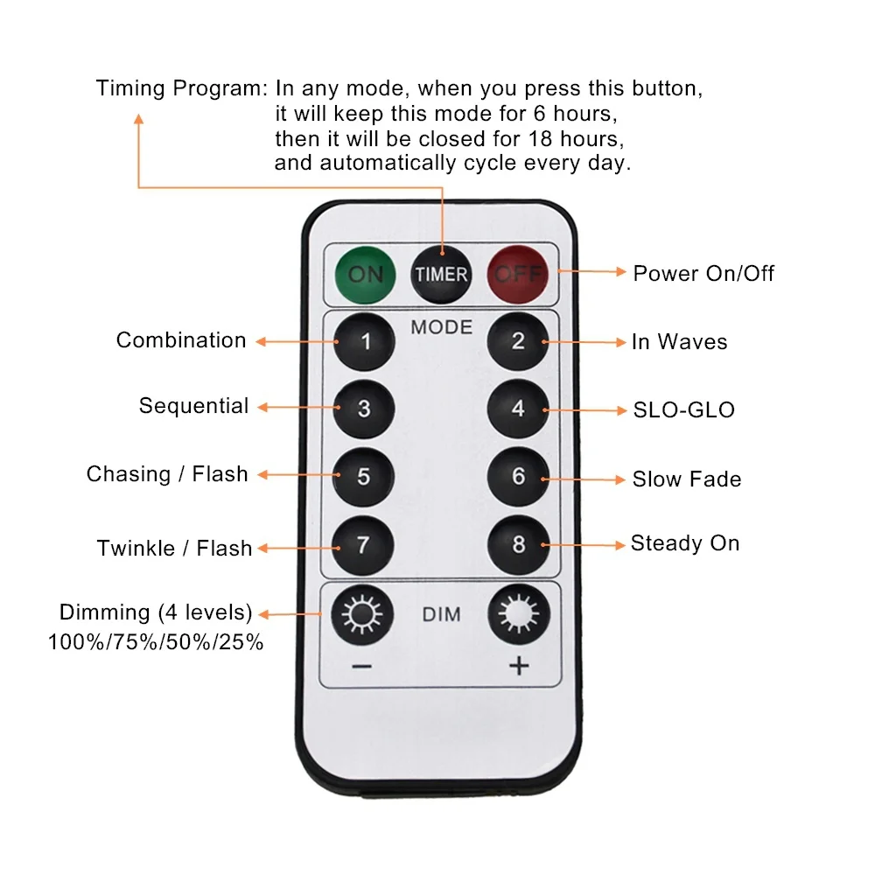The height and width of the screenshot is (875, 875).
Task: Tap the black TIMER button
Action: (x=441, y=274)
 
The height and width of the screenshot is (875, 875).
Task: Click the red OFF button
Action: (x=518, y=274)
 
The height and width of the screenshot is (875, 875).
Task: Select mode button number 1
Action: (x=364, y=341)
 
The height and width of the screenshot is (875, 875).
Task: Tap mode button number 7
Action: (x=364, y=545)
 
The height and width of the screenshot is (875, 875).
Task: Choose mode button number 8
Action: (x=518, y=545)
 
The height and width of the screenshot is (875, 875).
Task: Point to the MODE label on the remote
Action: (x=441, y=327)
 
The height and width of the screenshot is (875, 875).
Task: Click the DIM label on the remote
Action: (x=441, y=615)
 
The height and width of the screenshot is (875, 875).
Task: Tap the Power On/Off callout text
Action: (x=703, y=273)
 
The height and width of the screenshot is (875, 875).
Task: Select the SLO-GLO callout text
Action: (x=683, y=409)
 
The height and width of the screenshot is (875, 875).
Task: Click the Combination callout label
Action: (x=181, y=340)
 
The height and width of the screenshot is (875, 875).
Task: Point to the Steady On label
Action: (x=685, y=543)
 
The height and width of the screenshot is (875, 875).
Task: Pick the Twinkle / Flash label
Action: (x=174, y=549)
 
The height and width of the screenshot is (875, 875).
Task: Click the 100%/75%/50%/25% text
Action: (x=156, y=642)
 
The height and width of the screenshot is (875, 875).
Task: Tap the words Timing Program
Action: (x=181, y=88)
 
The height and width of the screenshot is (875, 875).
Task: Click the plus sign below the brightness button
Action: (x=519, y=667)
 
